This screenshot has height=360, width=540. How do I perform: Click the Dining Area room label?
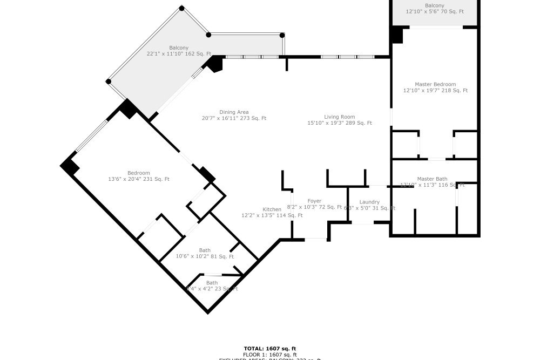[x=234, y=112]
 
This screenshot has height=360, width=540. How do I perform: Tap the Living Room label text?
[x=339, y=117]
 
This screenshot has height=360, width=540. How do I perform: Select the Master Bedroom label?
[x=435, y=84]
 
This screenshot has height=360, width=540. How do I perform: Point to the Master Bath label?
[x=432, y=179]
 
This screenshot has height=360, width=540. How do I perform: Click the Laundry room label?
[x=369, y=202]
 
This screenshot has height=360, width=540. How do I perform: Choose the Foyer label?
[x=314, y=201]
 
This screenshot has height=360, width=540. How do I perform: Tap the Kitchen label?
[x=272, y=209]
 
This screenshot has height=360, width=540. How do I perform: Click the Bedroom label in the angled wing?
[x=139, y=173]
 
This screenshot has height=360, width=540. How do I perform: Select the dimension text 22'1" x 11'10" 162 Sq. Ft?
[x=179, y=54]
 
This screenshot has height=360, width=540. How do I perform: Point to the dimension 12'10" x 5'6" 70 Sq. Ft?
[x=435, y=11]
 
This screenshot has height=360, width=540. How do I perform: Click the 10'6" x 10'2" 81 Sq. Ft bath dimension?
[x=205, y=256]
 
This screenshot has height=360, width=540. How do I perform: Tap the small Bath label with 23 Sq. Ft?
[x=212, y=283]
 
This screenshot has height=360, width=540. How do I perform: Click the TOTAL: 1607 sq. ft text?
[x=270, y=349]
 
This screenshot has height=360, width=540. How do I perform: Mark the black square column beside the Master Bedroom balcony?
[x=397, y=35]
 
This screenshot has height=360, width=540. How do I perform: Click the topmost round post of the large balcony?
[x=182, y=8]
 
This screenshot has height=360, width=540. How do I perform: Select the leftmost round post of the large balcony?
[x=109, y=81]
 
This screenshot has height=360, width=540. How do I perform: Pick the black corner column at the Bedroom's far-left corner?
[x=70, y=166]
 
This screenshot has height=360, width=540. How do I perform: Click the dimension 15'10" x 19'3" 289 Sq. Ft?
[x=339, y=123]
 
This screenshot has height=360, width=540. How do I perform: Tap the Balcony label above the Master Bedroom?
[x=435, y=5]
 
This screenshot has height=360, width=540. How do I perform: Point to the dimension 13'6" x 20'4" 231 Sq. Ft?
[x=139, y=179]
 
